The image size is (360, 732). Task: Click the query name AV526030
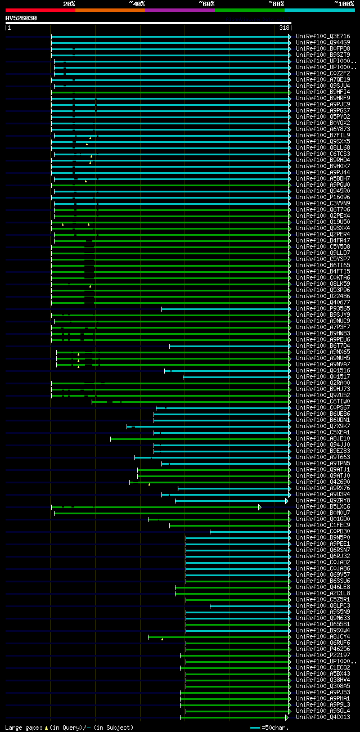21,18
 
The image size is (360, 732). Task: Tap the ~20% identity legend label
69,3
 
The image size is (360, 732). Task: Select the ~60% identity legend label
206,3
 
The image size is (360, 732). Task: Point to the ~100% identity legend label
344,3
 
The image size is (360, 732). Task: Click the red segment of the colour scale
40,10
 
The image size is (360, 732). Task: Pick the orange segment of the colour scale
110,10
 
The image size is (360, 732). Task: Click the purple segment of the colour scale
179,10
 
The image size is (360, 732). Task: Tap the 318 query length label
284,28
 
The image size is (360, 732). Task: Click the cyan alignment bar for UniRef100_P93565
225,309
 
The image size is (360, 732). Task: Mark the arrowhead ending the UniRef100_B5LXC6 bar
260,507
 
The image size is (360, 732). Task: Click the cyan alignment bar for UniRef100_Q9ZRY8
231,501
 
